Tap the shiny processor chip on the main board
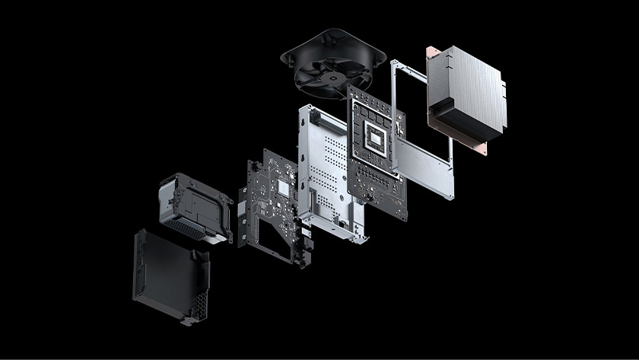tap(377, 137)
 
